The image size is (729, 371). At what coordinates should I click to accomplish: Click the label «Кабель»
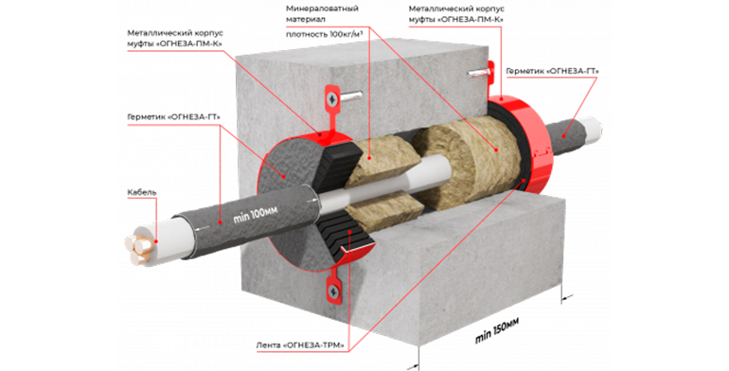(142, 192)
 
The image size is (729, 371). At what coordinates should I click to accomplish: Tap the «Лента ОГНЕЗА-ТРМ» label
(300, 345)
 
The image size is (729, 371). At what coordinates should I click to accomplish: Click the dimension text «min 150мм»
(496, 330)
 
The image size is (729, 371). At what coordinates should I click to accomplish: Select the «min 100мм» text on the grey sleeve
(256, 215)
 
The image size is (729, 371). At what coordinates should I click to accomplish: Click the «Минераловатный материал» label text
(316, 14)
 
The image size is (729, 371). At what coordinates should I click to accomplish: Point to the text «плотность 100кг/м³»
(324, 34)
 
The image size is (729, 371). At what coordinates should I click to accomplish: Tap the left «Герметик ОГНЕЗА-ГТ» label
(173, 117)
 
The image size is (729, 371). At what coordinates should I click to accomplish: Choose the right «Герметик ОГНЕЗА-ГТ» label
(552, 71)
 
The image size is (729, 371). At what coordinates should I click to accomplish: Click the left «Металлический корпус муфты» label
(175, 39)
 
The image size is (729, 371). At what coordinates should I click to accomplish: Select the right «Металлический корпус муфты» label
(456, 14)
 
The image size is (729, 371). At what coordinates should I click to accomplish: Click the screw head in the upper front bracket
(332, 98)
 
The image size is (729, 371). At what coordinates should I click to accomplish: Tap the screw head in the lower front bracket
(333, 291)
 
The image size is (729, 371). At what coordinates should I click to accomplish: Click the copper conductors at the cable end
(138, 247)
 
